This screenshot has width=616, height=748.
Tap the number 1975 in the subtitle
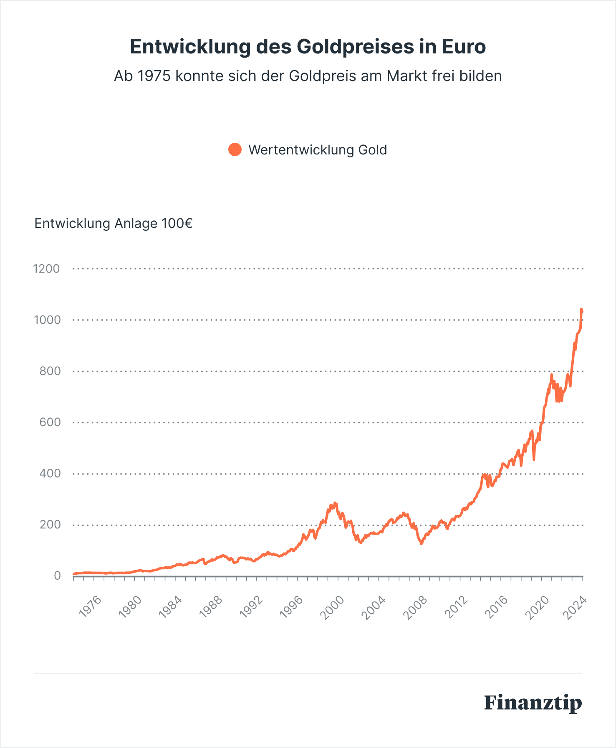point(153,76)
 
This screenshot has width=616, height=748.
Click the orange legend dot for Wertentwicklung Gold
point(235,149)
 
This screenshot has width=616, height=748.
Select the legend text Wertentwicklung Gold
point(317,150)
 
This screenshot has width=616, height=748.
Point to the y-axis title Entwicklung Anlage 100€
point(113,223)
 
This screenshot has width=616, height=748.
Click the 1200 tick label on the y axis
point(46,269)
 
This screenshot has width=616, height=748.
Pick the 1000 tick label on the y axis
point(47,320)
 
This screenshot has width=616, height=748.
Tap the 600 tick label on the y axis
point(50,422)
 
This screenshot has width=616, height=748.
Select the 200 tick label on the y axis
point(50,525)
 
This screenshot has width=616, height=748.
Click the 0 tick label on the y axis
point(57,576)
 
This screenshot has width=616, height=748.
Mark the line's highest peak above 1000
point(581,309)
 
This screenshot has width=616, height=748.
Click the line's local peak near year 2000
point(335,503)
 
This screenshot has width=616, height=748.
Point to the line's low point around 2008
point(421,543)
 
